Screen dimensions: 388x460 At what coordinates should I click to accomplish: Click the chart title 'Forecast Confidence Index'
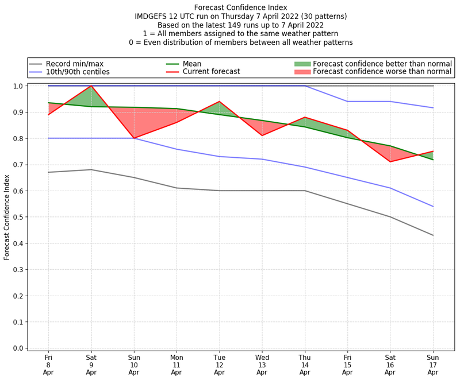point(240,7)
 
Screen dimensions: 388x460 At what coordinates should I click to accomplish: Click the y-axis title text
point(7,218)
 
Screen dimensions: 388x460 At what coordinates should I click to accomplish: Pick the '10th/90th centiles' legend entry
point(78,72)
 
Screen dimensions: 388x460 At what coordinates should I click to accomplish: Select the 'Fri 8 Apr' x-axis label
point(48,365)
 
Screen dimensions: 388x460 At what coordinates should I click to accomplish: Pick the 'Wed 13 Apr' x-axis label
point(262,365)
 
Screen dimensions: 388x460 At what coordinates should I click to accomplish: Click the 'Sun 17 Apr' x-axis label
point(433,365)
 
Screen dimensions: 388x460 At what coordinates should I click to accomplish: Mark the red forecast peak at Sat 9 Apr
point(91,86)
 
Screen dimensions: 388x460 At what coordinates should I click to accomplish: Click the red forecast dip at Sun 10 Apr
point(134,138)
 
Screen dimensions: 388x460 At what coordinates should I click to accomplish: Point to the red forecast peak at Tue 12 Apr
point(219,102)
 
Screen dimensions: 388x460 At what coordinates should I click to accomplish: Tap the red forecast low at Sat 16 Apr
point(390,162)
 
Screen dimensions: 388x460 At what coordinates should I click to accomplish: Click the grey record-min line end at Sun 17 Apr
point(433,235)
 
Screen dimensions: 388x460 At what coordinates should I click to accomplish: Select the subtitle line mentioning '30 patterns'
point(240,17)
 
